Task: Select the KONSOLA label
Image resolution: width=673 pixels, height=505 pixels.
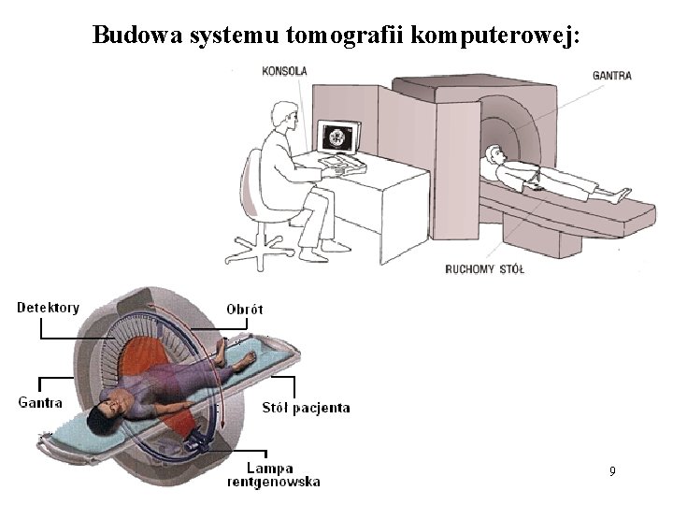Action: click(x=285, y=71)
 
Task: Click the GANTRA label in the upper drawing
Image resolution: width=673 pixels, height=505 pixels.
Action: click(x=611, y=75)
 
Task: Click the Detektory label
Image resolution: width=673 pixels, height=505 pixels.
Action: click(x=49, y=308)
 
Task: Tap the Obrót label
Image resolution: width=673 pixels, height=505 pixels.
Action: click(x=245, y=309)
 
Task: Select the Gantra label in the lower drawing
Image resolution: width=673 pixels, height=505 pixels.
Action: click(x=40, y=403)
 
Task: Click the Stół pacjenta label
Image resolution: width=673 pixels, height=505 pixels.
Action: click(x=308, y=407)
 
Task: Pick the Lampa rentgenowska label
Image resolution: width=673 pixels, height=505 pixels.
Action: click(x=273, y=475)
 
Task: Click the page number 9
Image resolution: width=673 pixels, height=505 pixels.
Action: click(x=611, y=471)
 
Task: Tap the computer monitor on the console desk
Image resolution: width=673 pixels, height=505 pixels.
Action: click(x=337, y=137)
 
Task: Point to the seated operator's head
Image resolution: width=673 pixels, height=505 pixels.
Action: click(x=283, y=115)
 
